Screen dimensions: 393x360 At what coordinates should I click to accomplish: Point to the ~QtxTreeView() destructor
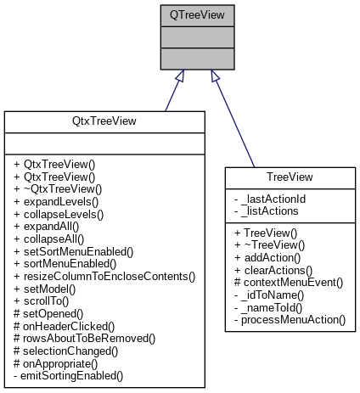coord(57,188)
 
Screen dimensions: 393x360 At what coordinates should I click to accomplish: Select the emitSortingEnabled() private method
coord(66,373)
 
